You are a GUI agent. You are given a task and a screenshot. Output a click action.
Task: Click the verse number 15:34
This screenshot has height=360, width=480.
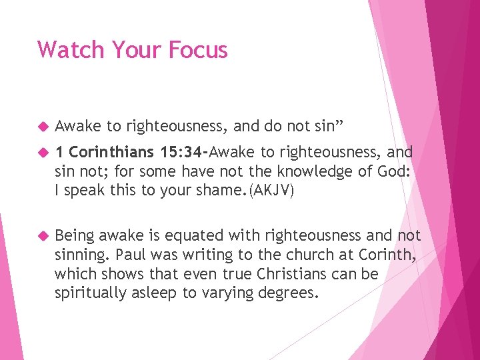pyautogui.click(x=183, y=152)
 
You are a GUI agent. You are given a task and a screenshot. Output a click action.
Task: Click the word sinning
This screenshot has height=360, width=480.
pyautogui.click(x=83, y=254)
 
